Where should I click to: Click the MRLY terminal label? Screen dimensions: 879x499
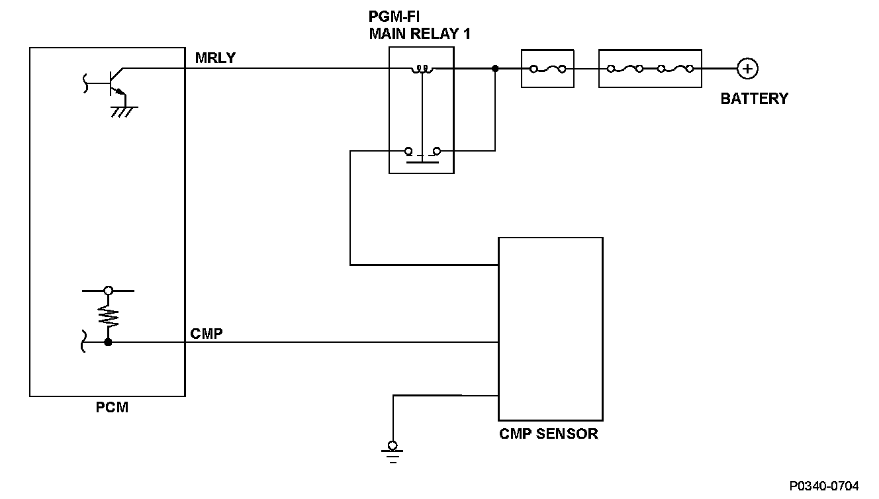pyautogui.click(x=215, y=58)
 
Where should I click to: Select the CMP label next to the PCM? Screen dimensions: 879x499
pyautogui.click(x=207, y=334)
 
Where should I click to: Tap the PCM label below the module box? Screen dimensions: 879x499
pyautogui.click(x=113, y=407)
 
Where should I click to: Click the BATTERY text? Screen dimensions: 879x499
pyautogui.click(x=754, y=99)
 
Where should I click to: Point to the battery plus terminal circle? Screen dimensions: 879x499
pyautogui.click(x=747, y=69)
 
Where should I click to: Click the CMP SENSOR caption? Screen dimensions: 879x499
pyautogui.click(x=549, y=433)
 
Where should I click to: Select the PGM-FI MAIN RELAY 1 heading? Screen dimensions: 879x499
pyautogui.click(x=420, y=25)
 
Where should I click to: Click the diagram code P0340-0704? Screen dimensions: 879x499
pyautogui.click(x=824, y=486)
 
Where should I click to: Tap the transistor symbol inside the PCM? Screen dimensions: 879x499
pyautogui.click(x=114, y=83)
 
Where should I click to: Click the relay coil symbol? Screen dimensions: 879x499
pyautogui.click(x=422, y=69)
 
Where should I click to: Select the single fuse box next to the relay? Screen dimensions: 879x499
pyautogui.click(x=547, y=69)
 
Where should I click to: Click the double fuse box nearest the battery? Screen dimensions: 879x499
pyautogui.click(x=650, y=69)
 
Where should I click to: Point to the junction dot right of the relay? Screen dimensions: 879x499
pyautogui.click(x=495, y=69)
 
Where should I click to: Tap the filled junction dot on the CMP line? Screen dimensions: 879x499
pyautogui.click(x=108, y=342)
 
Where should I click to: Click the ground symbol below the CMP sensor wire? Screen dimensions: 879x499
pyautogui.click(x=393, y=452)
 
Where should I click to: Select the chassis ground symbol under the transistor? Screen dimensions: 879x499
pyautogui.click(x=124, y=112)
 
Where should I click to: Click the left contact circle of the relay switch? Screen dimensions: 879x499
pyautogui.click(x=408, y=151)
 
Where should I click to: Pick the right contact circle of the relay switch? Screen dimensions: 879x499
pyautogui.click(x=437, y=151)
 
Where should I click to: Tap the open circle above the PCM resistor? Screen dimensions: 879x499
pyautogui.click(x=109, y=291)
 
